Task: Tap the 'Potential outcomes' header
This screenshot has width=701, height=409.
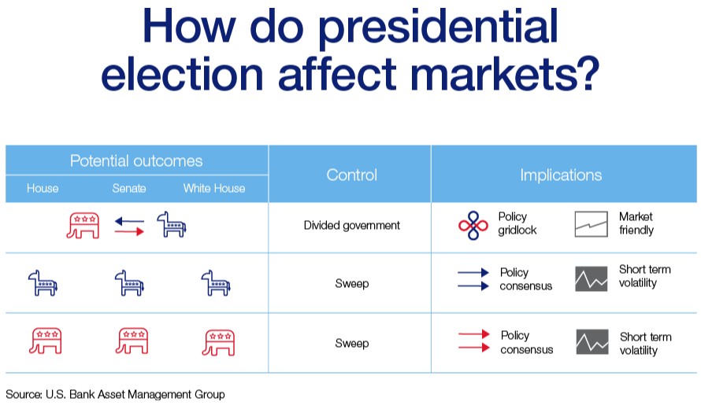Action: coord(136,160)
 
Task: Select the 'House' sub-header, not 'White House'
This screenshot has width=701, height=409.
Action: coord(43,189)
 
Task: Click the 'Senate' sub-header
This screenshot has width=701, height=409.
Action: coord(129,189)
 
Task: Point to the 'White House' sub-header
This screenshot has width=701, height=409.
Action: coord(214,189)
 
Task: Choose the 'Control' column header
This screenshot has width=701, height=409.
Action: coord(352,175)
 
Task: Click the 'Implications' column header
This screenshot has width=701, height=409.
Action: coord(561,175)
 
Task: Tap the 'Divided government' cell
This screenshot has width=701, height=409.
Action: coord(352,226)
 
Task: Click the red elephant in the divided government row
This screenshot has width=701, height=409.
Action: coord(83,226)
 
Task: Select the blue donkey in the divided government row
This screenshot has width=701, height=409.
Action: coord(172,225)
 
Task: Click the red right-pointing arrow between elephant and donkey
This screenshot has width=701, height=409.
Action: coord(130,231)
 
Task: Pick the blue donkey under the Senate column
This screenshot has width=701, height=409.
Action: coord(129,283)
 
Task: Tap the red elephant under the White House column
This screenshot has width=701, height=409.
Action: coord(219,343)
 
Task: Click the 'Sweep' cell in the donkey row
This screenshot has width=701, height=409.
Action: coord(352,283)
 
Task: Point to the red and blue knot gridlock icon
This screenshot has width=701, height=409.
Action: coord(473,226)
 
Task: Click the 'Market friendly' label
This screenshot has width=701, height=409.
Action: coord(636,223)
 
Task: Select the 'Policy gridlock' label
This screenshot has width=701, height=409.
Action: coord(517,223)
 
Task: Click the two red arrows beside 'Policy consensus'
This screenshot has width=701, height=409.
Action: coord(474,341)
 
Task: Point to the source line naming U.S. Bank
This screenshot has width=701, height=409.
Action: coord(115,395)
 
